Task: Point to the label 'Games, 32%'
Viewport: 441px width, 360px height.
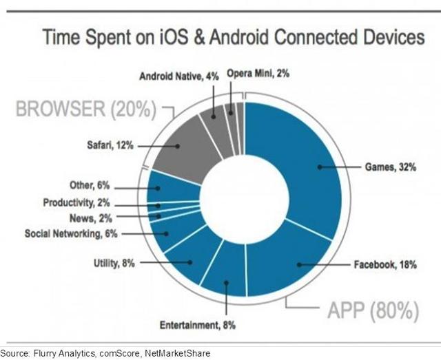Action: pyautogui.click(x=391, y=167)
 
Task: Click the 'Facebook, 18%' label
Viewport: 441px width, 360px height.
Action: pyautogui.click(x=385, y=265)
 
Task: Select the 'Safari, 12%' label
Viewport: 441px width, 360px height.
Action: pyautogui.click(x=110, y=145)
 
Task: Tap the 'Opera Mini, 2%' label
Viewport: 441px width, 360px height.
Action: pyautogui.click(x=258, y=74)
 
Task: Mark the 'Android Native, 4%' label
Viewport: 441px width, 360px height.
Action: pyautogui.click(x=179, y=76)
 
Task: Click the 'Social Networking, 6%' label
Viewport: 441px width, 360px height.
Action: pyautogui.click(x=71, y=233)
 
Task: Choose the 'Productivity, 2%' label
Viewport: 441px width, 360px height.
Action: pyautogui.click(x=76, y=203)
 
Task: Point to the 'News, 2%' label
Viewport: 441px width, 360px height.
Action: pyautogui.click(x=91, y=218)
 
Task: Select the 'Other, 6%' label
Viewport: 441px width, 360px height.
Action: pyautogui.click(x=90, y=185)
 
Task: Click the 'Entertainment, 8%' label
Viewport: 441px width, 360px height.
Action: pyautogui.click(x=198, y=325)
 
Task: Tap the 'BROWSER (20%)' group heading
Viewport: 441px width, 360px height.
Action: pyautogui.click(x=85, y=109)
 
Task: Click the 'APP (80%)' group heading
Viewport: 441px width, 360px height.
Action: pyautogui.click(x=373, y=311)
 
